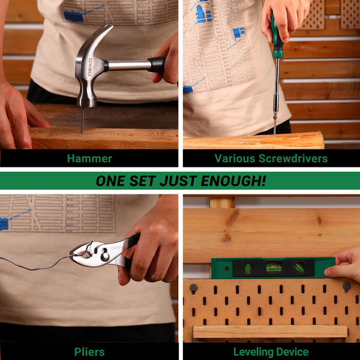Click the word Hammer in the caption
89,158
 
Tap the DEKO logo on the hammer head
90,67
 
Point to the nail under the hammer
83,120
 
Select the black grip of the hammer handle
158,64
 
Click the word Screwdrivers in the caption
293,158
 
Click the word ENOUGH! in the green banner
233,181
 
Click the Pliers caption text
89,352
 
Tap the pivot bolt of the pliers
104,256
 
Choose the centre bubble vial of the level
274,268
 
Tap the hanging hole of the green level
227,268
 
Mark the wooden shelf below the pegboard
270,332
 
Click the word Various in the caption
235,158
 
